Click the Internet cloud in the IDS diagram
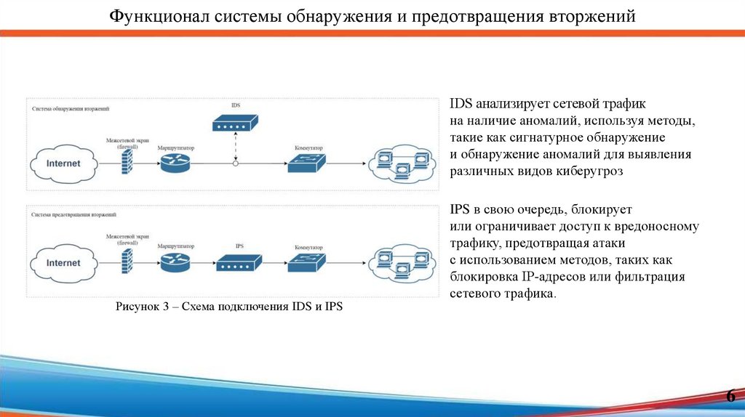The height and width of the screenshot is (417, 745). coord(63,163)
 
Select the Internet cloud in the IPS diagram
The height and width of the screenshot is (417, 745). coord(63,263)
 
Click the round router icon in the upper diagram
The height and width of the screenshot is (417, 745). coord(175,163)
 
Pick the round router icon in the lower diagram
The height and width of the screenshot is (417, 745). coord(175,262)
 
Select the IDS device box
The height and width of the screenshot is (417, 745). coord(235,123)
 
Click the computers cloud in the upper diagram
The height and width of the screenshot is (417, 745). coord(401,163)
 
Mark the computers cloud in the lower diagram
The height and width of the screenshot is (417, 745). coord(401,262)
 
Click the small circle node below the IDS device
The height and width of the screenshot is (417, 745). coord(235,163)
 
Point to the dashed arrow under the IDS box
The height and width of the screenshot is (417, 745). coord(235,147)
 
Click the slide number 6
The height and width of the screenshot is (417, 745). coord(730,396)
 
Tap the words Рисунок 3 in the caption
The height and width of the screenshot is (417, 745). coord(143,307)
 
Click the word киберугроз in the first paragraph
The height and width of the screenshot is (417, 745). coord(589,171)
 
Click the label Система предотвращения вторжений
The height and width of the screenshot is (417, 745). coord(73,216)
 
